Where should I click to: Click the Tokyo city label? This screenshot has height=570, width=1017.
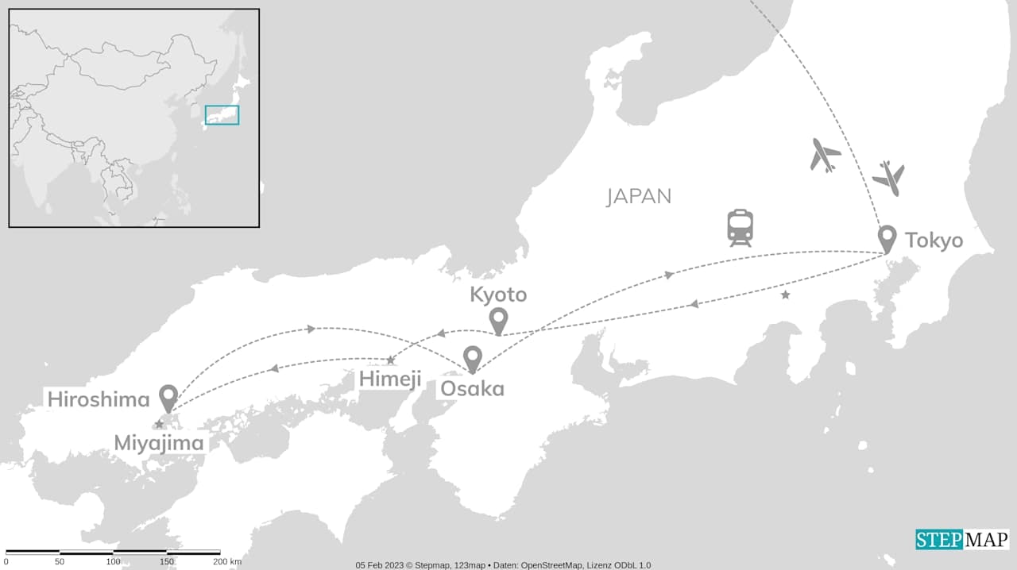click(934, 240)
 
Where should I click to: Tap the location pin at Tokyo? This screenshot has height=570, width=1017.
click(887, 237)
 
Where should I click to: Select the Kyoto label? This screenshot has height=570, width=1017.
click(498, 295)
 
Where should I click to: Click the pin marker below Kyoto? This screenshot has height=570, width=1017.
click(498, 320)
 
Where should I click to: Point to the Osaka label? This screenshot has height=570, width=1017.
click(472, 389)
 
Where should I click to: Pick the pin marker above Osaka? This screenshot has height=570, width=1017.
click(473, 359)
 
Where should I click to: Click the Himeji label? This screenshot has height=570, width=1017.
click(390, 379)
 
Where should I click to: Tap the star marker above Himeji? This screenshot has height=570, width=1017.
click(390, 360)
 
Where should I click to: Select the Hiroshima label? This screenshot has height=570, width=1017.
click(99, 399)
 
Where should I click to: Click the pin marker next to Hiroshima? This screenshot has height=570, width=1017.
click(168, 397)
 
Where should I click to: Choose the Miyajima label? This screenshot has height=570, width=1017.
click(159, 442)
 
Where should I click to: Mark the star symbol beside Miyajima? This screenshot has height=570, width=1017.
click(159, 425)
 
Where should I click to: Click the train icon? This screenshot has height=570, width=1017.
click(740, 228)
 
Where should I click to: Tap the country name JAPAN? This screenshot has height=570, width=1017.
click(639, 196)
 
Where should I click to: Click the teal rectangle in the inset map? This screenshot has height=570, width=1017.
click(222, 115)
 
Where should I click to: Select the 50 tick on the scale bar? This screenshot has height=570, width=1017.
click(60, 562)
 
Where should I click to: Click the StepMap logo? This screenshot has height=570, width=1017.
click(961, 540)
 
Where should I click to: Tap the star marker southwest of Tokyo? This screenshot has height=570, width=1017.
click(786, 295)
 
